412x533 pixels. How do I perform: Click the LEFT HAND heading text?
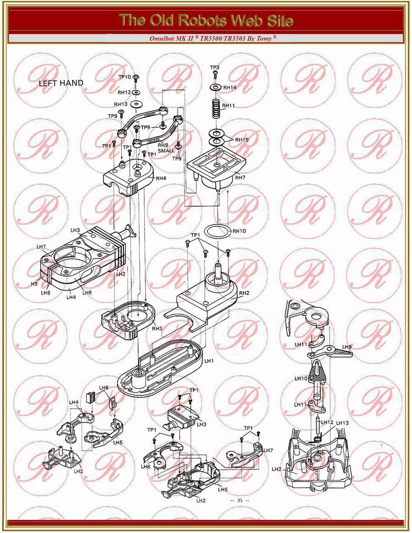tap(61, 83)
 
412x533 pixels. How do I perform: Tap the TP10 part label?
tap(125, 77)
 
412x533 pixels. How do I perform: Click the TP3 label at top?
tap(215, 67)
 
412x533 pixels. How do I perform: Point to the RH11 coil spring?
tap(216, 110)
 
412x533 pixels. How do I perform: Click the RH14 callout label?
tap(230, 87)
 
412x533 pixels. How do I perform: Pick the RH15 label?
tap(242, 139)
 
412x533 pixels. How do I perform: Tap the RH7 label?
tap(240, 177)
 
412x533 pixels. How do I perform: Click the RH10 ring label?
tap(239, 231)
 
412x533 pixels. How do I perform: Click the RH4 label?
tap(161, 179)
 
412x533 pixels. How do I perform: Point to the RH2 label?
tap(244, 293)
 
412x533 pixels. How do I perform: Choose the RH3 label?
tap(157, 328)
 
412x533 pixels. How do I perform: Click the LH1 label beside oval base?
tap(209, 361)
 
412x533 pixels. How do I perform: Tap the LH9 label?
tap(346, 347)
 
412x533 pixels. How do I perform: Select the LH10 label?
tap(301, 379)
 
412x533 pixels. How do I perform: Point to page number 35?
tap(239, 500)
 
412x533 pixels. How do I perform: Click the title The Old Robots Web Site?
tap(206, 20)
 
